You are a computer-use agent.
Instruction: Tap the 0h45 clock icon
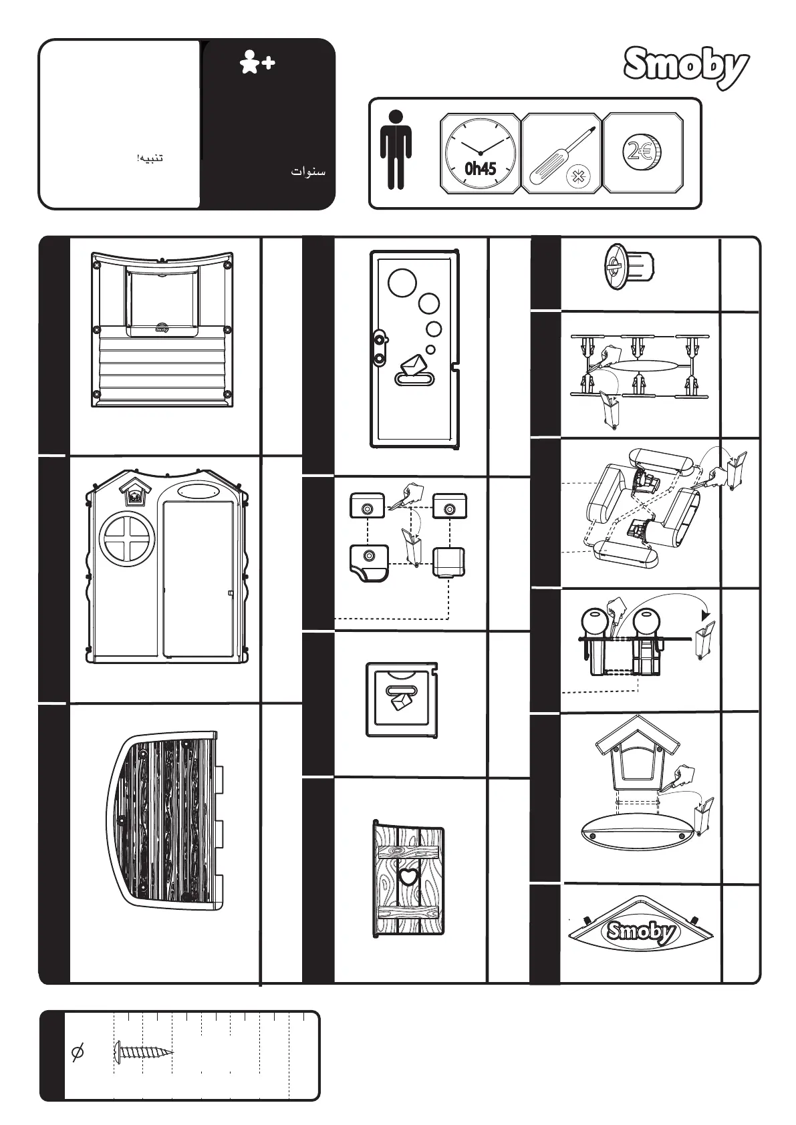480,153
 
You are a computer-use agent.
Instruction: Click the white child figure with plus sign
257,63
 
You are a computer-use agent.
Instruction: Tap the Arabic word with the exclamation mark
150,158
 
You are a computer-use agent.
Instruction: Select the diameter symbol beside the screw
78,1053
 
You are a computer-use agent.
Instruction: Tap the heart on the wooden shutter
408,876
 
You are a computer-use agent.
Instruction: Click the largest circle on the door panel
402,283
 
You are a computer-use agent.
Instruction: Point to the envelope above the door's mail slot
414,365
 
